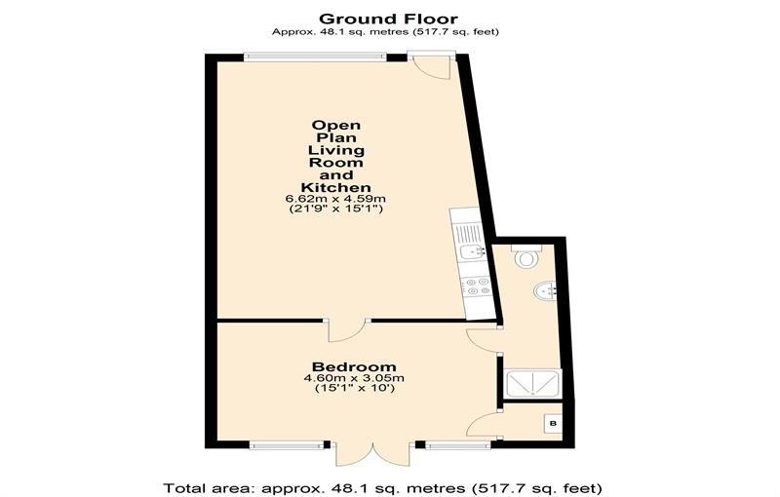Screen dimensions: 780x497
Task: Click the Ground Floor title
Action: [388, 19]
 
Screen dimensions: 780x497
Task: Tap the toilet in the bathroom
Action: [526, 256]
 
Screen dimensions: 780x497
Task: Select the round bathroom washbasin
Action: [545, 290]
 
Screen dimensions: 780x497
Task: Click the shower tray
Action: [531, 383]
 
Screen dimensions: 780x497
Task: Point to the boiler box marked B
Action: [553, 424]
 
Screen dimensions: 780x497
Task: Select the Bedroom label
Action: [354, 366]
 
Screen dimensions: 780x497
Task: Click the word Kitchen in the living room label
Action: [335, 187]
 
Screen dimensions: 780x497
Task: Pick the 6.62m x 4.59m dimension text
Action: [335, 199]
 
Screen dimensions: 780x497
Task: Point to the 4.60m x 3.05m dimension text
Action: [354, 378]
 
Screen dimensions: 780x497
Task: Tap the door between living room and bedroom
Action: [347, 330]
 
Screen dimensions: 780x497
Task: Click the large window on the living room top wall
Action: [315, 57]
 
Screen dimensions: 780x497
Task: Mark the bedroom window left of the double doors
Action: [287, 445]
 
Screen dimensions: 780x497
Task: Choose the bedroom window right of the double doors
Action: [457, 445]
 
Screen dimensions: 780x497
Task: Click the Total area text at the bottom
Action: [382, 487]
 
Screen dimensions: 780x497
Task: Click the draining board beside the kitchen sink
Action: [467, 233]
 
